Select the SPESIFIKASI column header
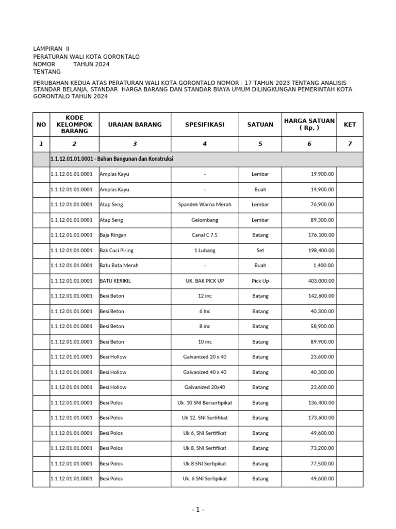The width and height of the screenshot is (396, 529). pos(205,125)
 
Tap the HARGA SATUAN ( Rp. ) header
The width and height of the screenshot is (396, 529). pos(309,125)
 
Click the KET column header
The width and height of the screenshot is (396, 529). pos(350,125)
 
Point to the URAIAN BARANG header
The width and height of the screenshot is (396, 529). pos(135,125)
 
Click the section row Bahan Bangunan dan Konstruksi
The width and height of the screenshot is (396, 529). pos(112,159)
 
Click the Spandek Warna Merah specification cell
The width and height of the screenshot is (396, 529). pos(205,205)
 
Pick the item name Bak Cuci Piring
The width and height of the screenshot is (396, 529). pos(117,251)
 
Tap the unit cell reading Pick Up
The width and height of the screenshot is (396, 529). pos(260,281)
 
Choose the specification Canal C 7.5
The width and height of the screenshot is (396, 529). pos(205,235)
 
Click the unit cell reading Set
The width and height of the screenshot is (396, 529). pos(260,251)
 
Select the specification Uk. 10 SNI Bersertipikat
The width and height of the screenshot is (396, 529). pos(205,402)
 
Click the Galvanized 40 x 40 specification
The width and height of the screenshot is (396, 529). pos(205,372)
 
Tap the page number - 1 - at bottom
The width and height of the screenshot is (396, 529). pos(198,510)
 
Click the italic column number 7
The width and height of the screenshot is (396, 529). pos(350,144)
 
